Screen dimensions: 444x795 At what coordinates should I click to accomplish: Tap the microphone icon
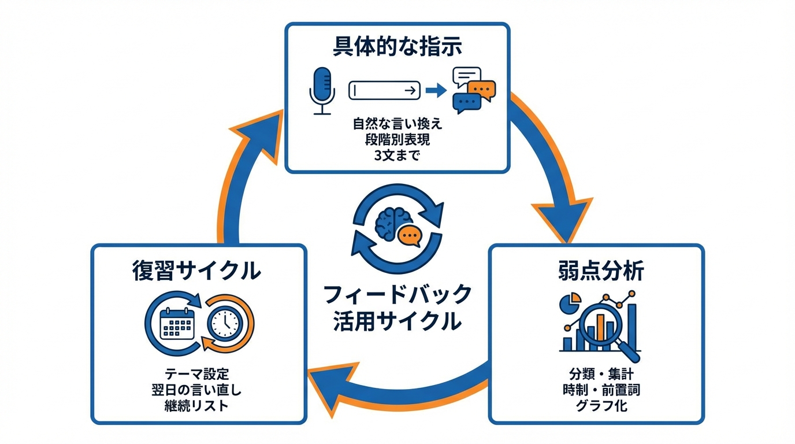point(322,91)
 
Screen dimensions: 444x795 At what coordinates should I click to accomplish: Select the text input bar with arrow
point(384,91)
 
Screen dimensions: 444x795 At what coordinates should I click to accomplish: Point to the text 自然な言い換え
point(397,124)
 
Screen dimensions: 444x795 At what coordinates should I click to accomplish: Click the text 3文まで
point(397,156)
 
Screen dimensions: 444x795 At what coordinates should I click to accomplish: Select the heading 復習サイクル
point(196,271)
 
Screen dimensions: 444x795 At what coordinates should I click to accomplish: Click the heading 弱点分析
point(597,271)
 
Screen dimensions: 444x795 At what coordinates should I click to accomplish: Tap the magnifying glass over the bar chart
point(604,324)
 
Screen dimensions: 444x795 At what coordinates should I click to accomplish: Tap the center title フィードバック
point(397,295)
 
